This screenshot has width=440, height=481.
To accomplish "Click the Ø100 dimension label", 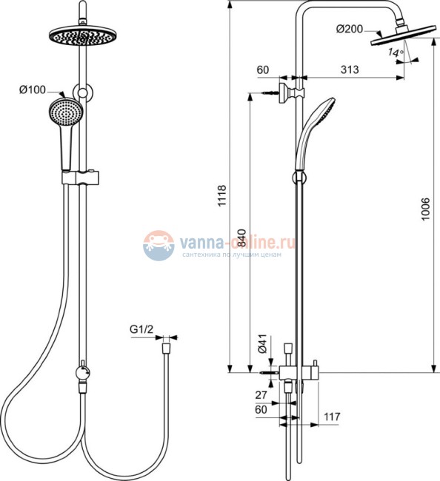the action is [33, 90].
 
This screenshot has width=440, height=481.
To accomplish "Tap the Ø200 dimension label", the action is [350, 29].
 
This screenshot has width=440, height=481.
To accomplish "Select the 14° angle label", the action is [395, 53].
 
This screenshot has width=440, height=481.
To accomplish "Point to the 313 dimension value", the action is [350, 70].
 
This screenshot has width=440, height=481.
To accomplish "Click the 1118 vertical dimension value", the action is [221, 195].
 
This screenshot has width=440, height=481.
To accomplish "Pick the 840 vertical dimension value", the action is [242, 238].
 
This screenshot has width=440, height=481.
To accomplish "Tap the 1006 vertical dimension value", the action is [426, 209].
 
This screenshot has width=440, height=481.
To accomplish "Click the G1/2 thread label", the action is [141, 329].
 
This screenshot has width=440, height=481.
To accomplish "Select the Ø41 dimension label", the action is [262, 344].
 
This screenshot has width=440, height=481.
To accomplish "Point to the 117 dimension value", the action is [332, 417].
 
